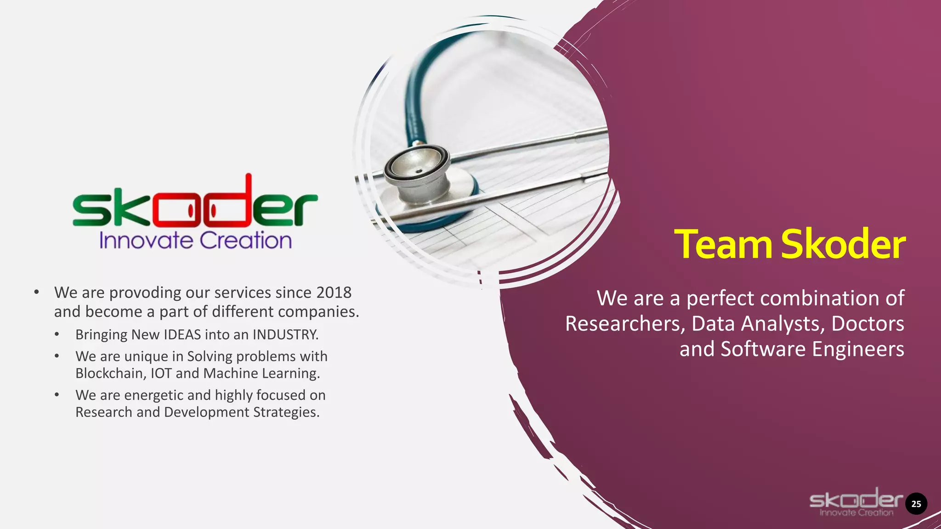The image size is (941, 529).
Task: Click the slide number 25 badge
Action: [x=916, y=504]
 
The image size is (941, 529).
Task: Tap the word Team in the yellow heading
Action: [x=723, y=244]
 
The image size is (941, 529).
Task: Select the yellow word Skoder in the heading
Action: [x=843, y=244]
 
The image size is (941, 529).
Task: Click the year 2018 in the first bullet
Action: [x=334, y=293]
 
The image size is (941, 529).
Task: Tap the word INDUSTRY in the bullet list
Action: [x=285, y=334]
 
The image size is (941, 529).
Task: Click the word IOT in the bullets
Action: [x=161, y=373]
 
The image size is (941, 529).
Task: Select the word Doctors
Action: [x=867, y=324]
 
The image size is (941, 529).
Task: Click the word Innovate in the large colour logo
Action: [x=146, y=241]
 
